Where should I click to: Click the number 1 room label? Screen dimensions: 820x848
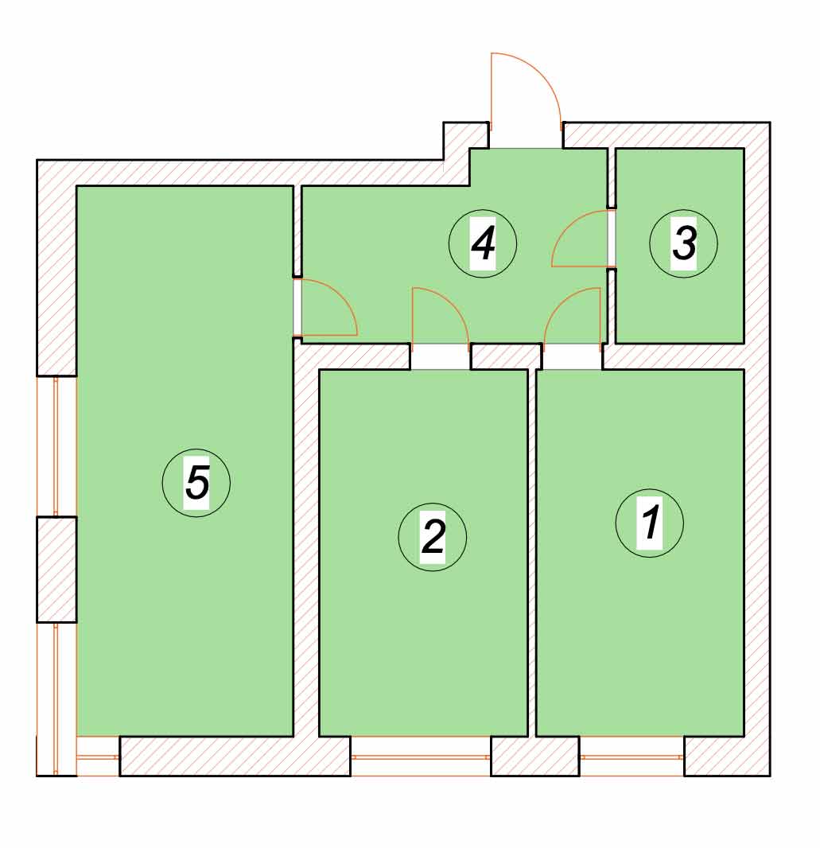[x=650, y=523]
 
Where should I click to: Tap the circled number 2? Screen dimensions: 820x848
[x=433, y=537]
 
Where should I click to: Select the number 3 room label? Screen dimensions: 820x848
[x=684, y=243]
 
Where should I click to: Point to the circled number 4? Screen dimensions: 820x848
[x=483, y=243]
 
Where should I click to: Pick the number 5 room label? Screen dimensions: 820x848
[x=196, y=482]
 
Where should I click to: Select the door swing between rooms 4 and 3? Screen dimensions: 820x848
[x=581, y=239]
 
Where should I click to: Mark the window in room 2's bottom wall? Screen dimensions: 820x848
[x=421, y=757]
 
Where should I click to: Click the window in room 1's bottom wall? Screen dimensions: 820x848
[x=632, y=757]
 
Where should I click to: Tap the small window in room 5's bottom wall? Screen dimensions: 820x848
[x=98, y=757]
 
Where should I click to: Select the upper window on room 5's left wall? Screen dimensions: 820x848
[x=56, y=447]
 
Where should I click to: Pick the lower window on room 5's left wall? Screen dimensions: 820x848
[x=56, y=698]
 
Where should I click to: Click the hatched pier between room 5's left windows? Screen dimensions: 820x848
[x=56, y=570]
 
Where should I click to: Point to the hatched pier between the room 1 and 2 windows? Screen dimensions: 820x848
[x=535, y=757]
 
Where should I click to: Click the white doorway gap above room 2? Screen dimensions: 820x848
[x=440, y=357]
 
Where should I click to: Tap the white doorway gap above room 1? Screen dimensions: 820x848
[x=573, y=357]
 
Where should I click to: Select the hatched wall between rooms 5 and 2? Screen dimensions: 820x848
[x=306, y=541]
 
